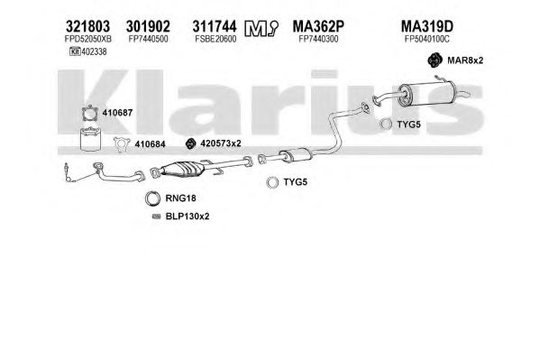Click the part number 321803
pos(87,26)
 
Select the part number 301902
pos(148,26)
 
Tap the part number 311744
pos(215,26)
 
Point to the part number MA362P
pos(318,26)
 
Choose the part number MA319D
pos(427,26)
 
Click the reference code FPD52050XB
pos(88,39)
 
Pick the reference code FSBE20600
pos(215,39)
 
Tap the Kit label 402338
pos(88,51)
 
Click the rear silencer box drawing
pos(427,94)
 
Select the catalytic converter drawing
pos(182,169)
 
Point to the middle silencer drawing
pos(296,155)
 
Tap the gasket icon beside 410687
pos(90,114)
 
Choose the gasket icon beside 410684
pos(122,144)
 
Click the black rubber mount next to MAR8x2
pos(435,60)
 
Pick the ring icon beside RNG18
pos(153,198)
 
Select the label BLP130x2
pos(188,217)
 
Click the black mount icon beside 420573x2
pos(190,143)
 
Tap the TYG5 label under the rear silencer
pos(408,125)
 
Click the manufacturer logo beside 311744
pos(261,28)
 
